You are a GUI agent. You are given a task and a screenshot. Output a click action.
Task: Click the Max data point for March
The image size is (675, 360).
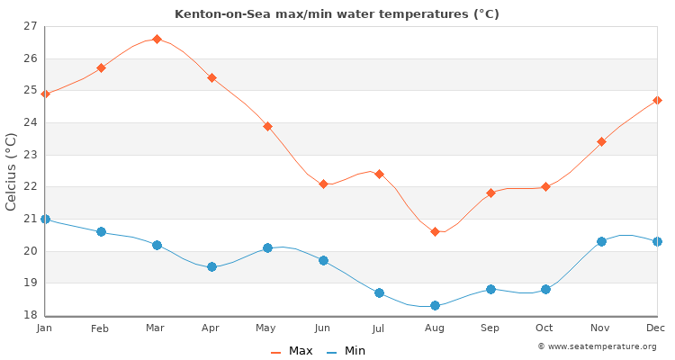(x=157, y=40)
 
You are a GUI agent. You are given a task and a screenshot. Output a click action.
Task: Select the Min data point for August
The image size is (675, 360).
(x=435, y=305)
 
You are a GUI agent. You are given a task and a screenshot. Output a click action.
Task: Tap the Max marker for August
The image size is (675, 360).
(x=435, y=231)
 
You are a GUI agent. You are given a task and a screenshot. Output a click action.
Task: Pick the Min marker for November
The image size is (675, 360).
(x=601, y=241)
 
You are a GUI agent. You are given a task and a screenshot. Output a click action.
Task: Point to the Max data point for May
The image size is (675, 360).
(x=267, y=126)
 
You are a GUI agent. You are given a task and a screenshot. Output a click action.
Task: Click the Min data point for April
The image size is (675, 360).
(x=211, y=266)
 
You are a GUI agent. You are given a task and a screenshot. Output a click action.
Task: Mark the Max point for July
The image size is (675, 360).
(x=379, y=174)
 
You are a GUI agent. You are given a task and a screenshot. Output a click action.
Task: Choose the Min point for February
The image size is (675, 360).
(x=101, y=231)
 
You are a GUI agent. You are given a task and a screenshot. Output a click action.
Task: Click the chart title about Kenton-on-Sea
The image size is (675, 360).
(x=337, y=14)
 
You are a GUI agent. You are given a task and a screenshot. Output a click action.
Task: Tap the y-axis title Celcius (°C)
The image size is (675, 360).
(x=12, y=171)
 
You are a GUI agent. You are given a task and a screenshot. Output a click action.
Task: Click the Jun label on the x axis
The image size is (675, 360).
(x=323, y=328)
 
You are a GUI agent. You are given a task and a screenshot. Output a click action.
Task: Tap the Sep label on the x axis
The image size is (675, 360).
(x=490, y=328)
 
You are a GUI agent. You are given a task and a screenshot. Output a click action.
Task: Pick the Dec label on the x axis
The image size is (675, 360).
(x=656, y=328)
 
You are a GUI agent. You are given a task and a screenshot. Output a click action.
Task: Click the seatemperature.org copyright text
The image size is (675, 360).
(x=597, y=346)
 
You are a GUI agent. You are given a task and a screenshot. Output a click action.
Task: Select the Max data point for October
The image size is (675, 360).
(x=545, y=186)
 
